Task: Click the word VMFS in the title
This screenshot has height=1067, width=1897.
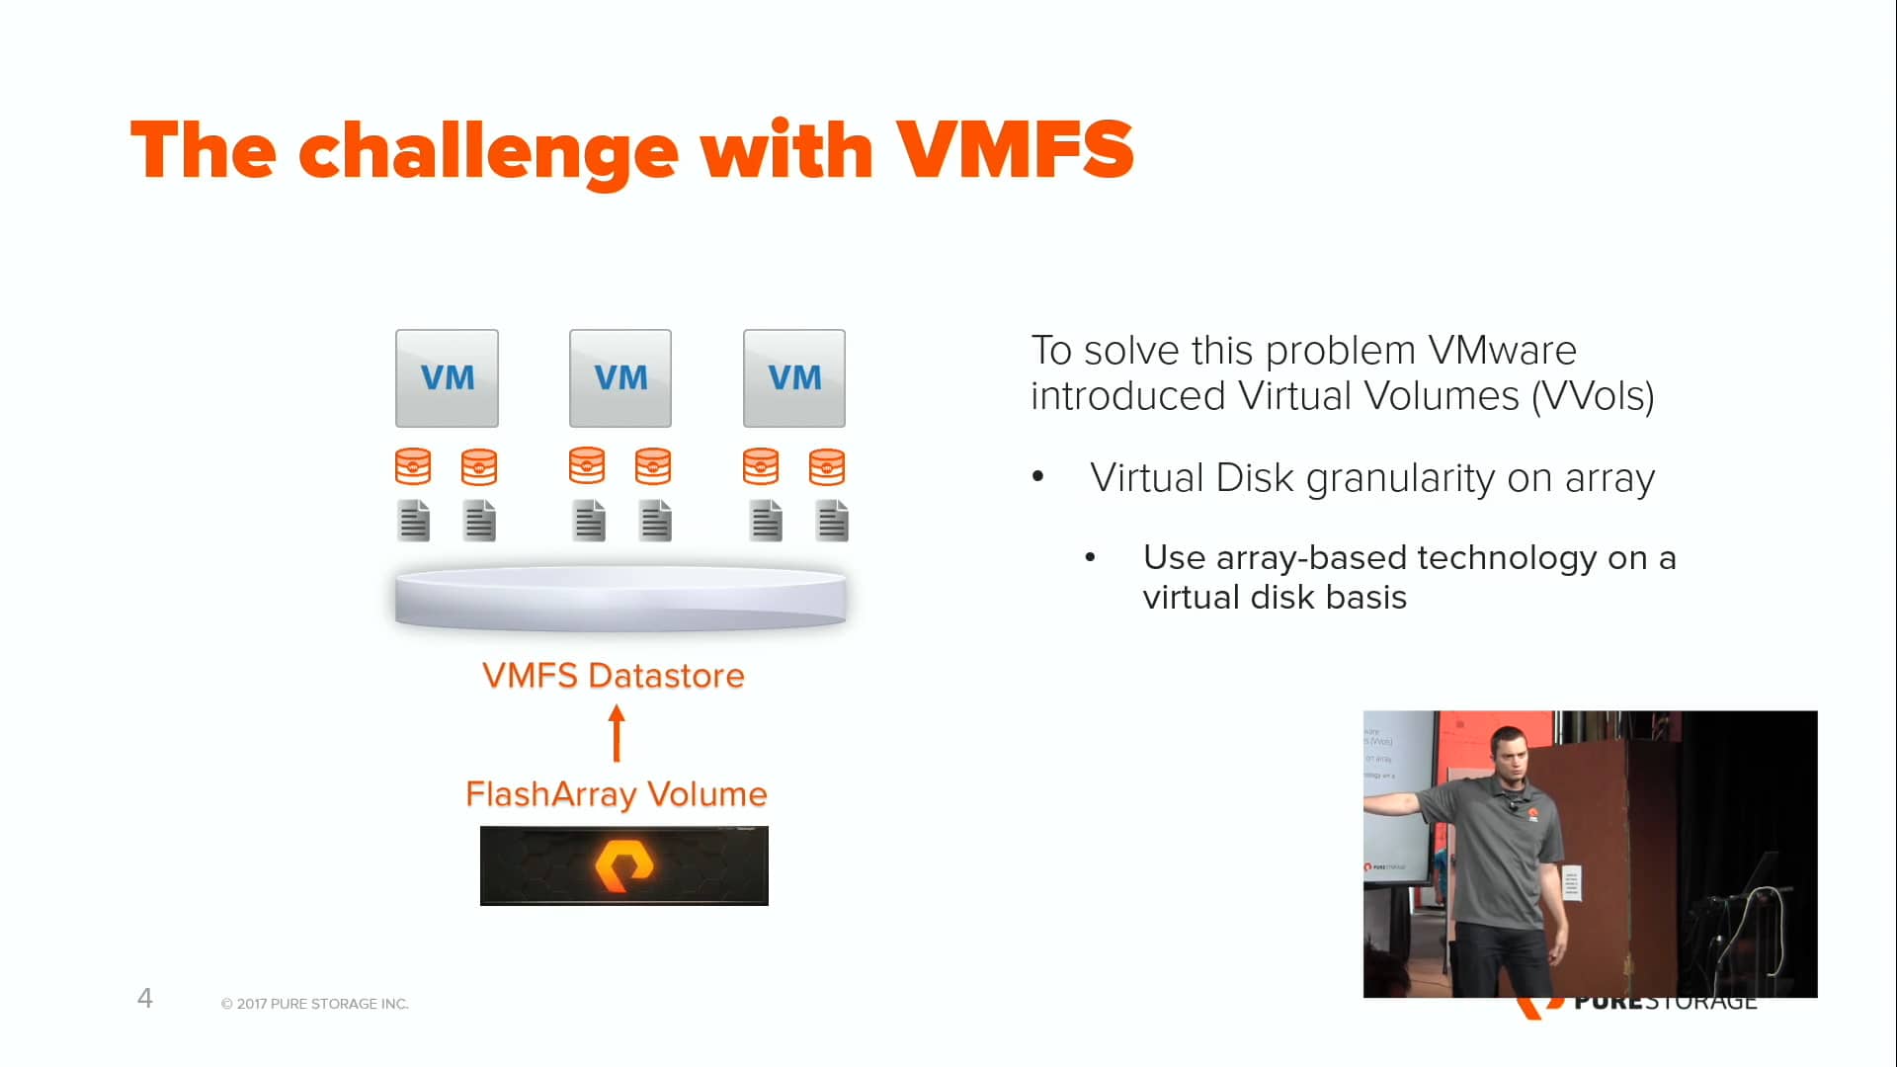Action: point(1015,150)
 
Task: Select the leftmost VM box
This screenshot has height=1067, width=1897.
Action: point(447,378)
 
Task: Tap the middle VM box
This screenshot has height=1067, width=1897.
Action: point(620,378)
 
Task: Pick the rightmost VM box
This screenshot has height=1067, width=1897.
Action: point(794,378)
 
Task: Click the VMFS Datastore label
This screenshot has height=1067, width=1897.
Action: point(613,676)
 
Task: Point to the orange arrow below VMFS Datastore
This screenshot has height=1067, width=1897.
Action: point(617,733)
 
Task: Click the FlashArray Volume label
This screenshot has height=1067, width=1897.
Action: point(617,794)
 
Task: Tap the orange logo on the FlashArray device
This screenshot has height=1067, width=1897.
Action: point(624,865)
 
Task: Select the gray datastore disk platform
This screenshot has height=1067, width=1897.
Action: point(620,599)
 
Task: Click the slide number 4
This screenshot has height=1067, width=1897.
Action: point(144,998)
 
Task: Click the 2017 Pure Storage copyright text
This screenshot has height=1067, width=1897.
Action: point(314,1004)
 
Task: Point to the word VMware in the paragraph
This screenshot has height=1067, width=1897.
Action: point(1502,351)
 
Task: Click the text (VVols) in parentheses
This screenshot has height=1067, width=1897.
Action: point(1593,397)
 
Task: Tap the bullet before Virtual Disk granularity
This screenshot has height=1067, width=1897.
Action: point(1037,478)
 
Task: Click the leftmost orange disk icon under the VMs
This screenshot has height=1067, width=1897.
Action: point(413,466)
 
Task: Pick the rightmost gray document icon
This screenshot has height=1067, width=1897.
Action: point(832,521)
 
